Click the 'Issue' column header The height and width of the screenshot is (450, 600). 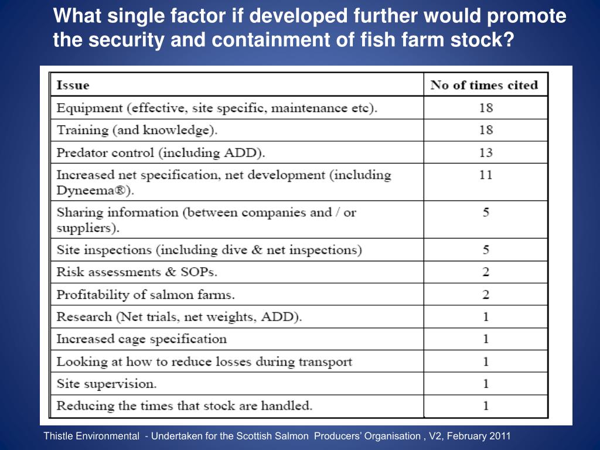tap(73, 85)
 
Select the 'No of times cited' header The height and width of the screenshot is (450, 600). tap(484, 85)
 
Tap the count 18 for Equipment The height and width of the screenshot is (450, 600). tap(486, 108)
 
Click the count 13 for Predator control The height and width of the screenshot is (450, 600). tap(486, 153)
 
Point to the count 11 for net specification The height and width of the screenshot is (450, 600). tap(486, 175)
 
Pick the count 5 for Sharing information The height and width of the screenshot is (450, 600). tap(486, 212)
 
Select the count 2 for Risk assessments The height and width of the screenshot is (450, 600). tap(486, 272)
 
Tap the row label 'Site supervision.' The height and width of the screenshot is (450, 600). tap(107, 384)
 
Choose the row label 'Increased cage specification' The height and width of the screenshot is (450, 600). tap(142, 339)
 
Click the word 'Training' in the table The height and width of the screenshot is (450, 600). tap(83, 131)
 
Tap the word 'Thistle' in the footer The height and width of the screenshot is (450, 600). tap(57, 436)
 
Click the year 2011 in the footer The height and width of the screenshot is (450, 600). tap(500, 436)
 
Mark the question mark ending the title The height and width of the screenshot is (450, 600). tap(509, 40)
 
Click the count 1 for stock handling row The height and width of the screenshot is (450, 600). tap(486, 406)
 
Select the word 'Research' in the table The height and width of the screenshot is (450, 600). tap(84, 317)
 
